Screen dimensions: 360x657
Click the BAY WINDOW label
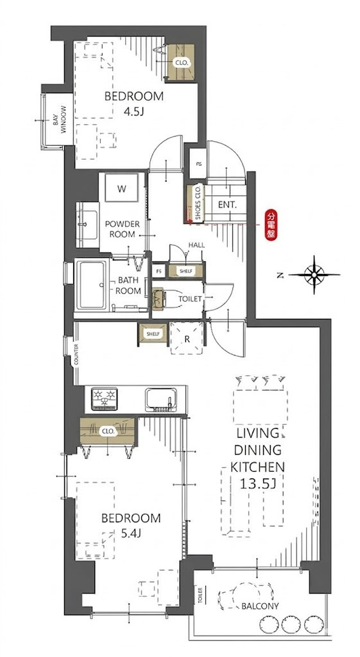click(x=59, y=120)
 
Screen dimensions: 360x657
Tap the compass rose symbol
click(x=314, y=275)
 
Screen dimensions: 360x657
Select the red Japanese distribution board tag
click(x=271, y=226)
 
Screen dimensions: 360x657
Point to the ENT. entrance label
click(x=227, y=205)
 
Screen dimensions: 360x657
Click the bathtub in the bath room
click(x=91, y=284)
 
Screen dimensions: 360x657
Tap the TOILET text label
click(x=191, y=299)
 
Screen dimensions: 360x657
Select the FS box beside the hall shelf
click(x=159, y=271)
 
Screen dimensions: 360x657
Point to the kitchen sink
click(x=162, y=400)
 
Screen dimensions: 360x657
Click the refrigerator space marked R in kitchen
click(x=187, y=338)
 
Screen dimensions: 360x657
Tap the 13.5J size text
click(x=258, y=484)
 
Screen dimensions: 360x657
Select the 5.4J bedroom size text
click(x=130, y=533)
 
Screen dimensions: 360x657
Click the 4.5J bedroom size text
click(x=133, y=112)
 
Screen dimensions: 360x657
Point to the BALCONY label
click(x=260, y=606)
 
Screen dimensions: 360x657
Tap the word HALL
click(x=196, y=244)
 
